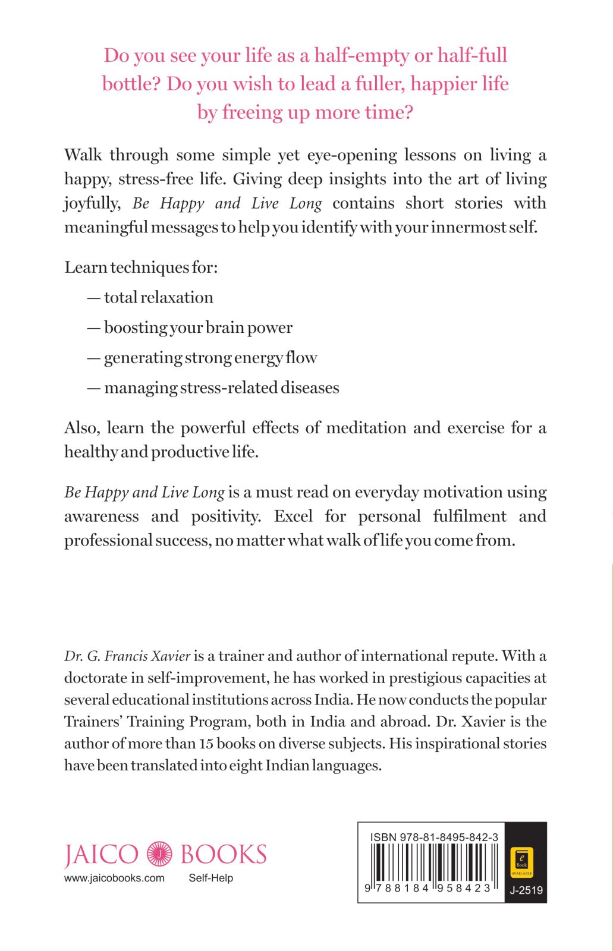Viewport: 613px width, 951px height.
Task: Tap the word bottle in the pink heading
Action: point(131,84)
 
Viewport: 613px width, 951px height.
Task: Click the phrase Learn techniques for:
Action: point(142,267)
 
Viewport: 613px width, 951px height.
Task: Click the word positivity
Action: point(226,516)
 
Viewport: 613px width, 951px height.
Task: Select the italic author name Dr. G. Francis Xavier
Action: point(127,656)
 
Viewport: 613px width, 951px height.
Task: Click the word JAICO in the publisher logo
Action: point(101,855)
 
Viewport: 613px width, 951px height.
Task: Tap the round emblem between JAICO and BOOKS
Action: point(159,854)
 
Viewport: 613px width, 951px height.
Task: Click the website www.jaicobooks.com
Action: point(114,878)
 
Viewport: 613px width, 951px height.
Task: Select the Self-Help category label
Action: point(210,878)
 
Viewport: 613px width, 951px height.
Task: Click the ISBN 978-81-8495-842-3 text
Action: point(434,837)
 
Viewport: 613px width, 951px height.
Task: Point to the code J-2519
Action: point(526,890)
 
